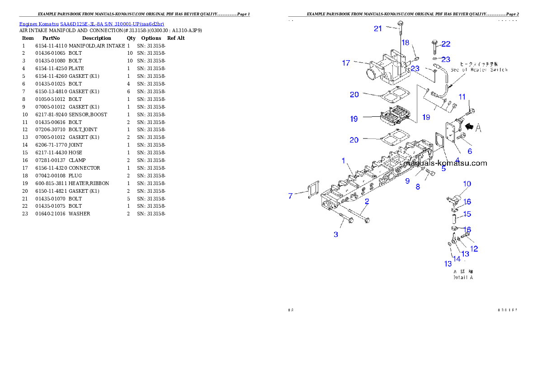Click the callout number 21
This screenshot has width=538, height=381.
378,29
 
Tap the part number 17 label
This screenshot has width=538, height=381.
346,63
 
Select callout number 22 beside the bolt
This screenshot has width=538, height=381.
446,44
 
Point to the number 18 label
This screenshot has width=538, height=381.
406,43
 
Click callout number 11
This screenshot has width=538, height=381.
462,97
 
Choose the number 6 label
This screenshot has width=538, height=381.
470,152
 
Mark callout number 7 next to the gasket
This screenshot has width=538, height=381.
290,195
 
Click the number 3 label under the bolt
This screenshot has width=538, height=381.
336,234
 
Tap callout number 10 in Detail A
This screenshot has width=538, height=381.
467,184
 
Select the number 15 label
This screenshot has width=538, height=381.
467,214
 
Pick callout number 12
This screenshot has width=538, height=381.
474,249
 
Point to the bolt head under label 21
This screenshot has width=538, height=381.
400,24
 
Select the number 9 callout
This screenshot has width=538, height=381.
407,181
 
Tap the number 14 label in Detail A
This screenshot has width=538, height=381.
457,259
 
